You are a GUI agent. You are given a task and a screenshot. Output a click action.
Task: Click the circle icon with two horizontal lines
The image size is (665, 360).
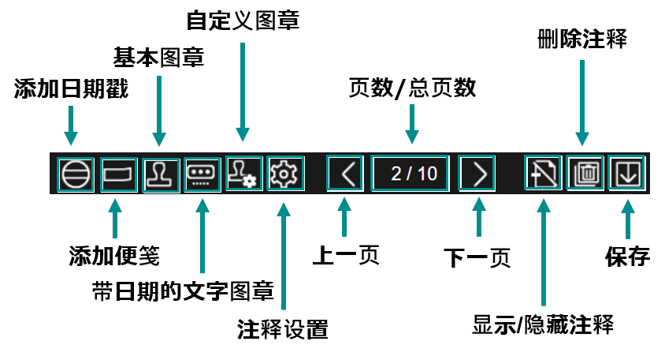click(x=76, y=174)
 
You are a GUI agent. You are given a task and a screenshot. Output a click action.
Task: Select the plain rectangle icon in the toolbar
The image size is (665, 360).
click(x=119, y=174)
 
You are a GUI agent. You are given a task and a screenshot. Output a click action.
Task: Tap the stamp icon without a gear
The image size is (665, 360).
click(x=162, y=174)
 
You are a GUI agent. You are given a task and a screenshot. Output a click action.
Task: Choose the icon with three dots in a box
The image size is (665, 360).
click(x=202, y=174)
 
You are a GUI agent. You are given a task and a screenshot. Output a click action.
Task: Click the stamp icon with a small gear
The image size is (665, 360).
click(x=243, y=173)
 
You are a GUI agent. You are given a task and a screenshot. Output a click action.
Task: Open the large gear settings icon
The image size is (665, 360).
click(x=285, y=173)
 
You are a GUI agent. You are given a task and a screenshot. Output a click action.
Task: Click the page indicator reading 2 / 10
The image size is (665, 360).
click(x=411, y=173)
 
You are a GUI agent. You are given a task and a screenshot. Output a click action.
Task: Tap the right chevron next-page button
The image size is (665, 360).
click(x=477, y=173)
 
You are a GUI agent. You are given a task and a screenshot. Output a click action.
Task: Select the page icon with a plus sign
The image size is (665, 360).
click(x=544, y=173)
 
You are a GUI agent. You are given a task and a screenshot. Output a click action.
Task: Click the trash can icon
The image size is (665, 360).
click(x=585, y=173)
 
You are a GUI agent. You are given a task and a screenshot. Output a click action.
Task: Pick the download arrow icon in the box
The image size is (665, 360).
click(x=627, y=173)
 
